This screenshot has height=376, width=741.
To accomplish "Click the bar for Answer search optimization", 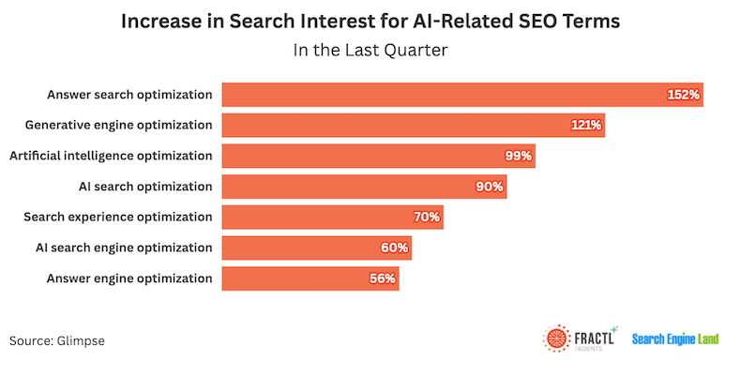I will click(460, 95).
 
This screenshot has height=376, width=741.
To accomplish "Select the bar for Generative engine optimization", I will click(413, 125).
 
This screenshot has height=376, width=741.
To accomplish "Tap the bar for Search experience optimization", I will click(332, 218).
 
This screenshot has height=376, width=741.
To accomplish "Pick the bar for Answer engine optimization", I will click(310, 278).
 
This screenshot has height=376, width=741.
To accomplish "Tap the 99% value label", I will click(518, 156).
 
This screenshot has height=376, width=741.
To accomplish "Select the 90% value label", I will click(490, 187).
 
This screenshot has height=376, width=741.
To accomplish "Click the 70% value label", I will click(427, 218).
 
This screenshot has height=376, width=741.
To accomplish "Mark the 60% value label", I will click(395, 248).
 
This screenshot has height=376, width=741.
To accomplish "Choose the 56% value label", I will click(382, 278).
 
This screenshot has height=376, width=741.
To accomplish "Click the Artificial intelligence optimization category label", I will click(111, 156).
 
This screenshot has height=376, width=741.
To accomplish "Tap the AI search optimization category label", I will click(151, 187).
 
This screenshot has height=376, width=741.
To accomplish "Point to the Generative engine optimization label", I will click(119, 125).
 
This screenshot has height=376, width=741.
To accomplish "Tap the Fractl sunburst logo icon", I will click(557, 338).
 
